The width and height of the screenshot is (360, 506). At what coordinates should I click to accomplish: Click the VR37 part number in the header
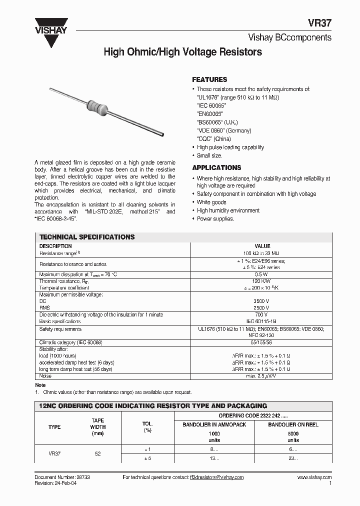(319, 23)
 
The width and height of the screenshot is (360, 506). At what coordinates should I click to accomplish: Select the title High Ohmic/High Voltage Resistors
(182, 52)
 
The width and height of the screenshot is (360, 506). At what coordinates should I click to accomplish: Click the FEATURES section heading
(209, 79)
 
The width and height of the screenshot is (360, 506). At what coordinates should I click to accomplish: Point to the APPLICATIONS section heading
(216, 168)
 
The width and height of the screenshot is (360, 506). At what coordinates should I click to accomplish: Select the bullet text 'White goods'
(211, 202)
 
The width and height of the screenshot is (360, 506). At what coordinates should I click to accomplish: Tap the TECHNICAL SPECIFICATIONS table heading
(87, 237)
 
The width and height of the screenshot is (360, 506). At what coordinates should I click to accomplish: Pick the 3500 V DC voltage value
(262, 301)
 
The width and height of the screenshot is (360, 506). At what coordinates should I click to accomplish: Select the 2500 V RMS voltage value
(262, 308)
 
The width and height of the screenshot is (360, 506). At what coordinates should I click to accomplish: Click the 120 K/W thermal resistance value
(262, 281)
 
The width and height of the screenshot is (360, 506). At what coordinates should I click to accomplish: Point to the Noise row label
(45, 375)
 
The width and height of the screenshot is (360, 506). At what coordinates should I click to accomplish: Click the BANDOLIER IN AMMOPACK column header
(214, 424)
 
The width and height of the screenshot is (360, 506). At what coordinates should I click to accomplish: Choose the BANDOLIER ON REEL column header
(293, 424)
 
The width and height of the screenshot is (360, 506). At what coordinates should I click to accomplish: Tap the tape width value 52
(97, 453)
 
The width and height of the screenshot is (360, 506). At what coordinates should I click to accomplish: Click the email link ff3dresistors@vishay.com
(216, 477)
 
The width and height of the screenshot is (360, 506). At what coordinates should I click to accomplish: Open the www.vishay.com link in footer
(314, 477)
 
